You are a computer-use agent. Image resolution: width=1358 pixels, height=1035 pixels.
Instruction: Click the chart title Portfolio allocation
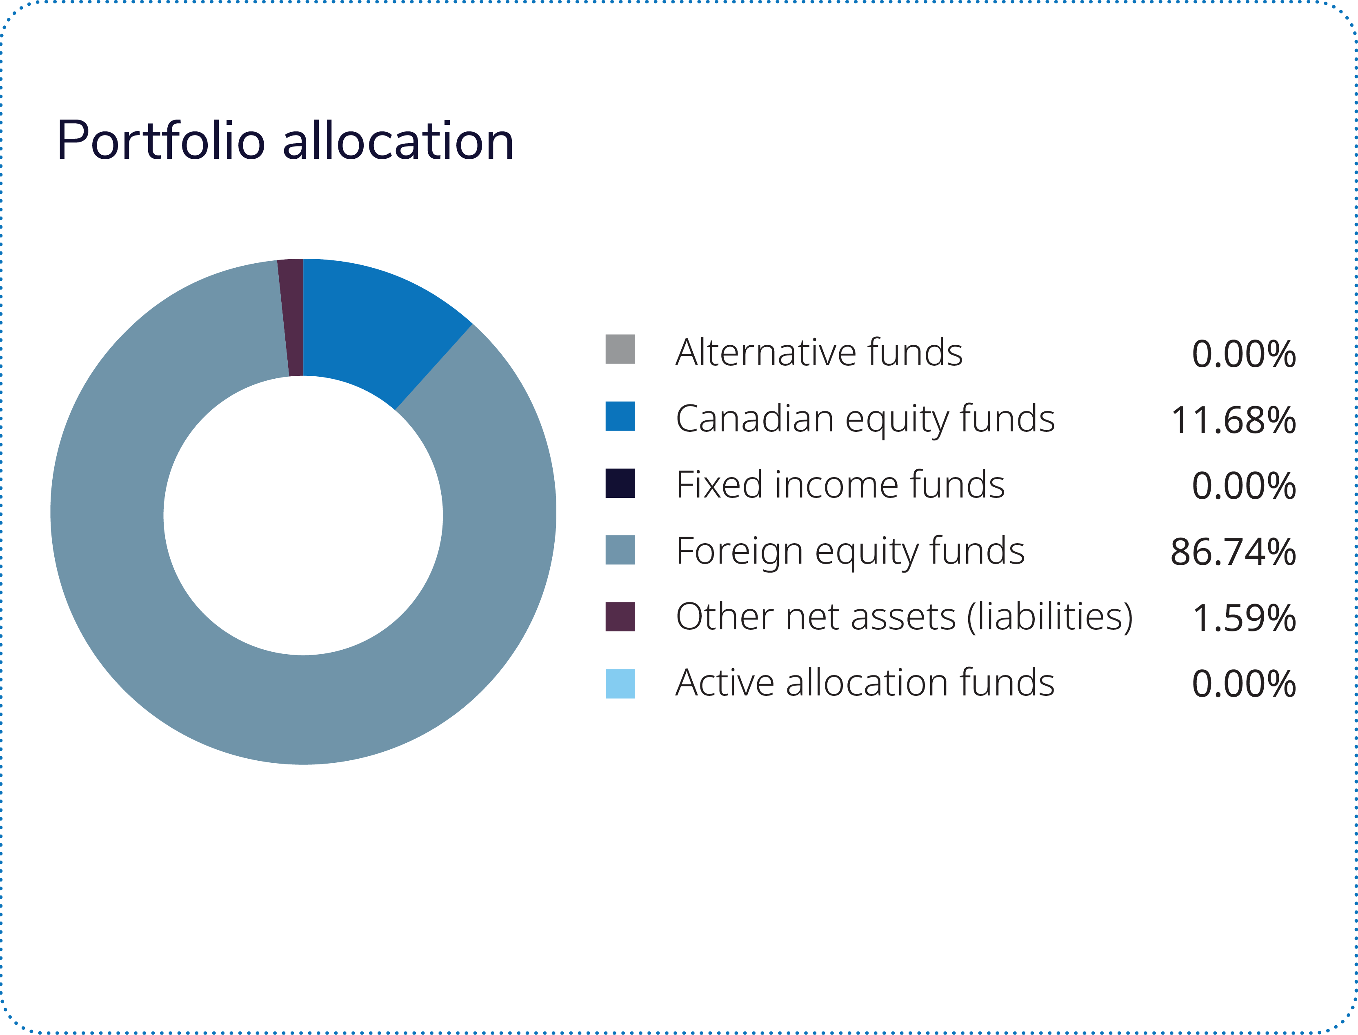coord(284,141)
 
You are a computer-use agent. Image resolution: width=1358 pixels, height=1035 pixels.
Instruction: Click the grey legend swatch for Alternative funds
coord(620,349)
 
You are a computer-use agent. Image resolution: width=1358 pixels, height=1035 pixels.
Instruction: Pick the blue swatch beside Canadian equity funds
coord(620,416)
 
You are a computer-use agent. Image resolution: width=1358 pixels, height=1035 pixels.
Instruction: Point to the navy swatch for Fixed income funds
coord(620,483)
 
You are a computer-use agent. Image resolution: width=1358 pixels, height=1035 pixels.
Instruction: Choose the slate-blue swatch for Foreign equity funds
coord(620,549)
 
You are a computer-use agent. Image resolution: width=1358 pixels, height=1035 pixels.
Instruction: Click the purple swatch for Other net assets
coord(620,617)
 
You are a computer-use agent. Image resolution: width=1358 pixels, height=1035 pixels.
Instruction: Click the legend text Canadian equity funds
coord(865,419)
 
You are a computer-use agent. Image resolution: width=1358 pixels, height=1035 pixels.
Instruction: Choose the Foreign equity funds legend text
coord(850,551)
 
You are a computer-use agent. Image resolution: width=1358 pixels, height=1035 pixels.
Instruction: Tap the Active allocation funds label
coord(865,683)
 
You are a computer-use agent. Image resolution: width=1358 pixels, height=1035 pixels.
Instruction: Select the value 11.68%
coord(1234,421)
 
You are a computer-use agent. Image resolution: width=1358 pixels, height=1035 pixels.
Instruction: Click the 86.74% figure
coord(1234,553)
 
